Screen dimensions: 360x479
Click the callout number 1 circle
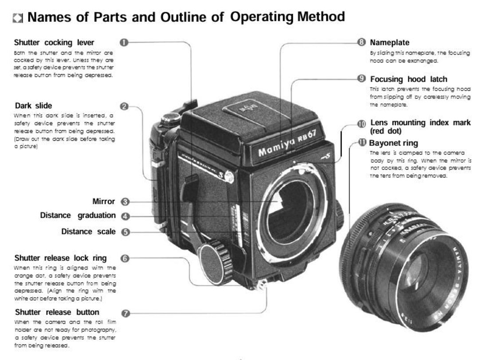(124, 43)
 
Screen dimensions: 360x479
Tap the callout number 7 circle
(126, 313)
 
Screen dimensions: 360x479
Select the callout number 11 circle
(362, 143)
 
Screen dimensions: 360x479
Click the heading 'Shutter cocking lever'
(54, 43)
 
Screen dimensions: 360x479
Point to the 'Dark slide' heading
(33, 106)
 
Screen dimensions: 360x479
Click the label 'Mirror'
(103, 202)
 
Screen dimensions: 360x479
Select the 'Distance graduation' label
(78, 215)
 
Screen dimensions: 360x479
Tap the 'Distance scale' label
(88, 232)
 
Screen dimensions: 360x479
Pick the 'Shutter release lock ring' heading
(60, 258)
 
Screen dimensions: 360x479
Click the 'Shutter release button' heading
(57, 312)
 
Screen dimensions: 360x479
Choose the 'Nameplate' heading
(389, 43)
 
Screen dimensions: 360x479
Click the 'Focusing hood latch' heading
(408, 79)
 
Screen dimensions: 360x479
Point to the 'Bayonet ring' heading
(393, 143)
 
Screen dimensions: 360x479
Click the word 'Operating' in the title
(262, 17)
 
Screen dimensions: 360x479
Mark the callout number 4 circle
(126, 217)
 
